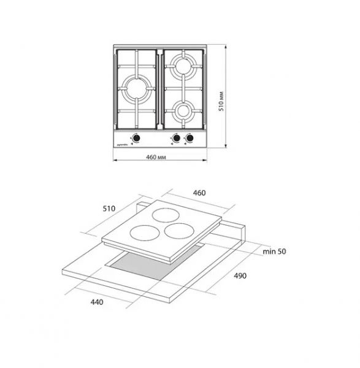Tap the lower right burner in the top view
point(183,110)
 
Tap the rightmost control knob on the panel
point(190,139)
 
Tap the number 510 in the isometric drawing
point(109,209)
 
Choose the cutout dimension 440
point(95,303)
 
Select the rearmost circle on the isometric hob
point(164,215)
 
